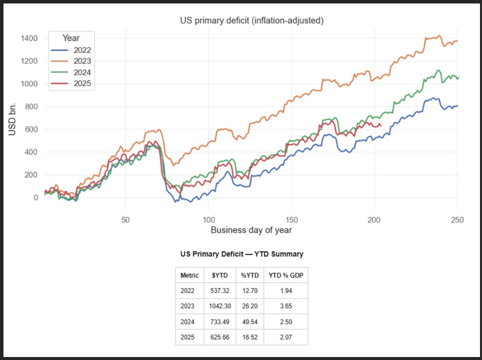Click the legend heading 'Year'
pyautogui.click(x=71, y=38)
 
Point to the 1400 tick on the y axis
pyautogui.click(x=28, y=38)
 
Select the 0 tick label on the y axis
pyautogui.click(x=34, y=197)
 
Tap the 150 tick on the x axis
pyautogui.click(x=292, y=219)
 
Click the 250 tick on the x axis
pyautogui.click(x=457, y=219)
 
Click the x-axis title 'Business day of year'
pyautogui.click(x=251, y=230)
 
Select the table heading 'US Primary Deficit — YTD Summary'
pyautogui.click(x=241, y=254)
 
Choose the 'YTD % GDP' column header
pyautogui.click(x=285, y=275)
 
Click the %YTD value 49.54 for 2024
pyautogui.click(x=249, y=323)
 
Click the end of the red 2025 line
pyautogui.click(x=381, y=125)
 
